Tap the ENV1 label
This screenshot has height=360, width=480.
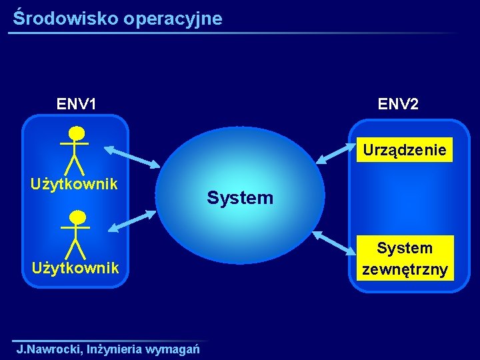(77, 104)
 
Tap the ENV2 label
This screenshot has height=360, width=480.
(399, 104)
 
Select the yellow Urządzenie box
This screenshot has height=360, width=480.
(405, 150)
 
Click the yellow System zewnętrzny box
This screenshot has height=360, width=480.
(405, 259)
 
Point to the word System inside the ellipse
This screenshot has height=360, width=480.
(240, 197)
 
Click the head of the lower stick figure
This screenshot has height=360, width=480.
(77, 217)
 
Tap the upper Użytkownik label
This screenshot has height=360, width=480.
(75, 183)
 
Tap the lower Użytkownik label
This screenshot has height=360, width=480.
(75, 267)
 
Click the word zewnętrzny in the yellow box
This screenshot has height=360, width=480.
(405, 270)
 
